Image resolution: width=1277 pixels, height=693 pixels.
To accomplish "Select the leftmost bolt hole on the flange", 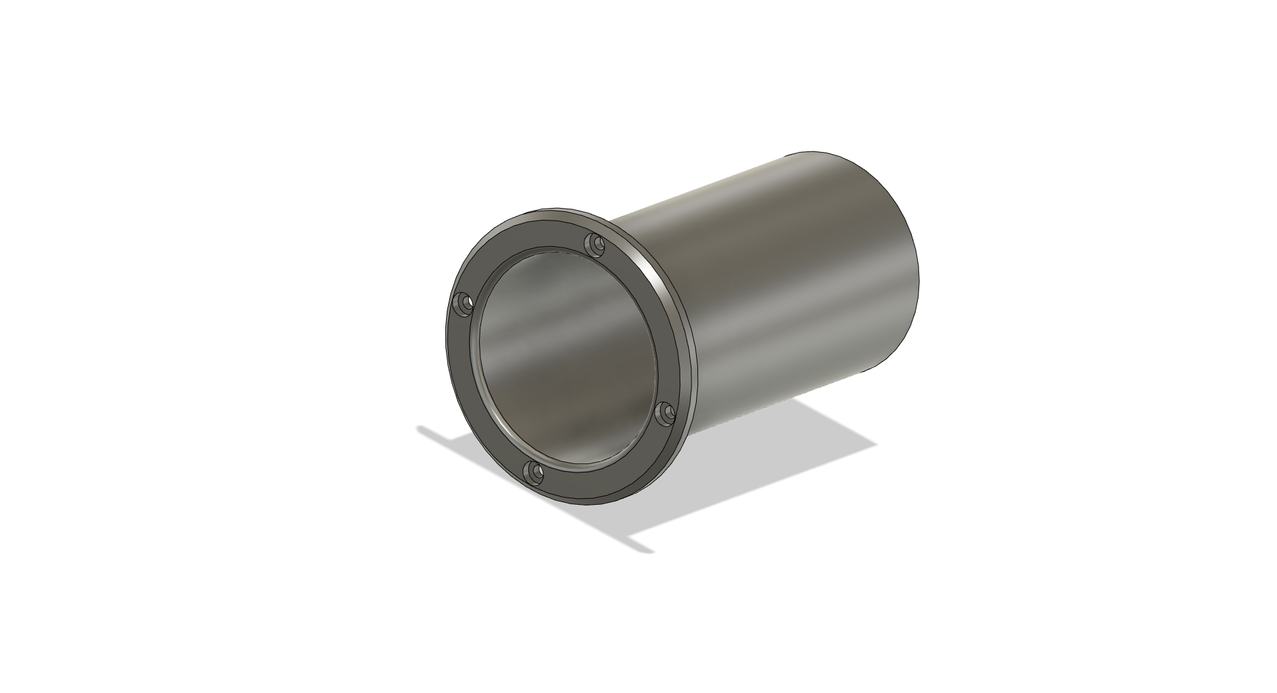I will point(465,304).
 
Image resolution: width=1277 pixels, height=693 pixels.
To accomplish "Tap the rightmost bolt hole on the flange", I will point(667,413).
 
